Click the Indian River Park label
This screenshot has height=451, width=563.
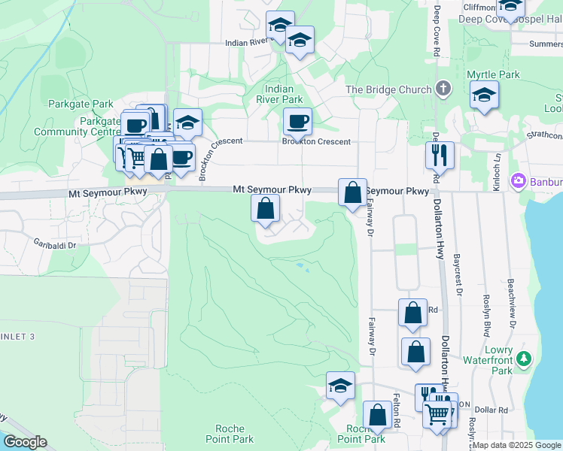(x=279, y=94)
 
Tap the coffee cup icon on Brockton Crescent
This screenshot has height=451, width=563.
(x=297, y=120)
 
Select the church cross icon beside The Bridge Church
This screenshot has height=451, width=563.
(x=443, y=89)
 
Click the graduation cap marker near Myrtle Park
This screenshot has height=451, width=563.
(x=484, y=95)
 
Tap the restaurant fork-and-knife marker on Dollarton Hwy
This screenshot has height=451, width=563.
(x=439, y=155)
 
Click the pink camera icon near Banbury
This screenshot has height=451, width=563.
(x=518, y=181)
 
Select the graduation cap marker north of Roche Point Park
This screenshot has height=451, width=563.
(x=340, y=386)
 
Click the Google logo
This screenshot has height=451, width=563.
(x=25, y=442)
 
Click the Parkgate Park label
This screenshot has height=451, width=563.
(x=81, y=104)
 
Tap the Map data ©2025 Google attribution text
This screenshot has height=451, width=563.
(x=516, y=445)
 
